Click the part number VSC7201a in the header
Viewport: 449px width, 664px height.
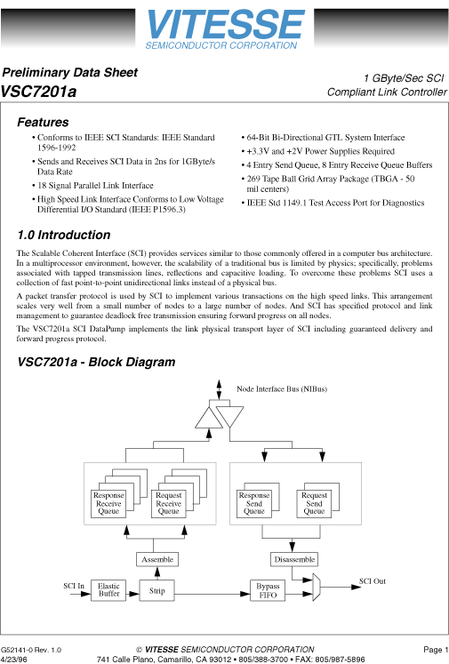tap(38, 91)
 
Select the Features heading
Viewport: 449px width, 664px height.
tap(43, 123)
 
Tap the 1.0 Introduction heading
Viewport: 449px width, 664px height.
tap(64, 236)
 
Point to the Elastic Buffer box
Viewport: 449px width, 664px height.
tap(108, 589)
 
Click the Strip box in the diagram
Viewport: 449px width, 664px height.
tap(157, 589)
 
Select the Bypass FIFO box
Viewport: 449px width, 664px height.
tap(268, 589)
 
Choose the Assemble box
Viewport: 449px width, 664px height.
tap(157, 559)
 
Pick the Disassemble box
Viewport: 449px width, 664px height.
tap(293, 559)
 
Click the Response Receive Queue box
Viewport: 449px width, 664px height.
tap(108, 503)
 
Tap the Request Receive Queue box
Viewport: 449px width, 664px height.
tap(168, 503)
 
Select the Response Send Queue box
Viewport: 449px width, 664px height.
tap(254, 503)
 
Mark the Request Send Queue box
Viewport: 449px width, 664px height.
tap(314, 503)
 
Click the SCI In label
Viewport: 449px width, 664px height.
tap(74, 585)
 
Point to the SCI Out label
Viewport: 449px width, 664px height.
tap(372, 580)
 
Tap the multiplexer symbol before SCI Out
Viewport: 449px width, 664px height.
tap(319, 586)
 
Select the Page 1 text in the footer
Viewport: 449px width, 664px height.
tap(435, 650)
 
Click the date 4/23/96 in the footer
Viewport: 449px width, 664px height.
tap(13, 660)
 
